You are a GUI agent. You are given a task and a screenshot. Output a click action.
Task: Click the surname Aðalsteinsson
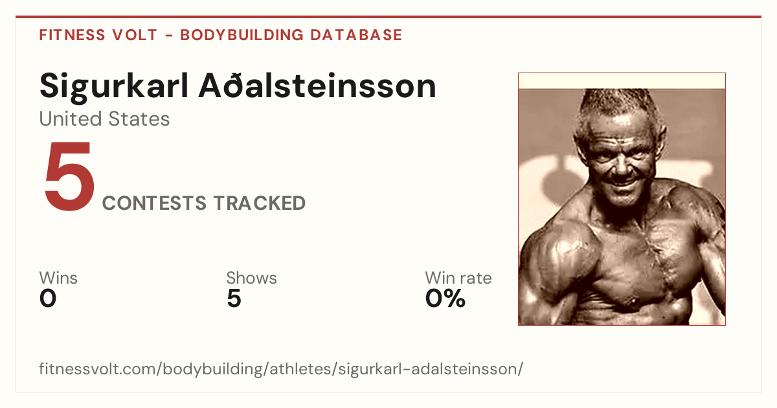pyautogui.click(x=317, y=85)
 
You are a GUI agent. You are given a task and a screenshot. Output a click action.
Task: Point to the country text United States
pyautogui.click(x=104, y=119)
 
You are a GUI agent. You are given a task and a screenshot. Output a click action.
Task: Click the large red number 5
pyautogui.click(x=70, y=176)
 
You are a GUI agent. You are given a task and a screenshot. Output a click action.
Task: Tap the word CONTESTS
pyautogui.click(x=154, y=203)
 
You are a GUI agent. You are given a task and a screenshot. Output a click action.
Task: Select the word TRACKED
pyautogui.click(x=260, y=203)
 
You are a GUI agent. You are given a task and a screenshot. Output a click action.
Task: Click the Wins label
pyautogui.click(x=58, y=278)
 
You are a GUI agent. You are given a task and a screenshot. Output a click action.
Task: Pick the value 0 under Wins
pyautogui.click(x=48, y=299)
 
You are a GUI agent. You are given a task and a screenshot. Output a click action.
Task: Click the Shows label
pyautogui.click(x=251, y=278)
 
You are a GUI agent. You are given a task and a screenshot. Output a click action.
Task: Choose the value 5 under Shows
pyautogui.click(x=234, y=299)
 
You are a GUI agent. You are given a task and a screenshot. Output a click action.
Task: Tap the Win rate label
pyautogui.click(x=458, y=278)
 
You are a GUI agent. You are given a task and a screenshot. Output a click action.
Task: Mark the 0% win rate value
pyautogui.click(x=445, y=299)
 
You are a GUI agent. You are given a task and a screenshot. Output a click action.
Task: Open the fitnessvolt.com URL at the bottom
pyautogui.click(x=281, y=368)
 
